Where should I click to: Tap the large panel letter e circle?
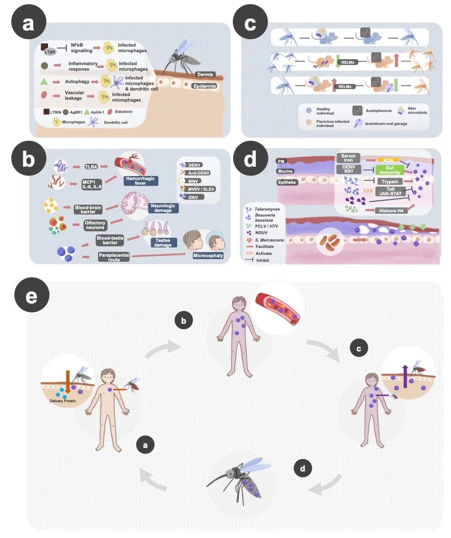click(x=31, y=296)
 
